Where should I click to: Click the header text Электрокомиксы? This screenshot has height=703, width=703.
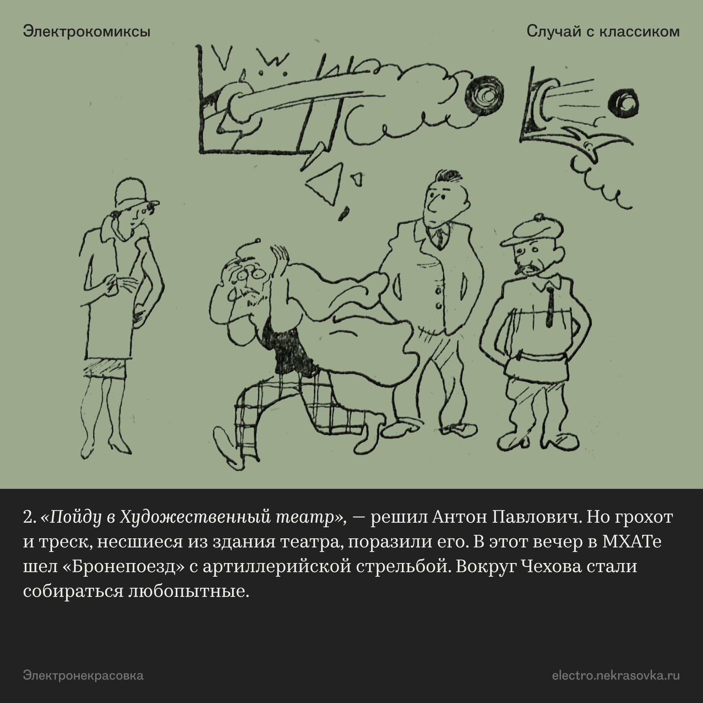(87, 32)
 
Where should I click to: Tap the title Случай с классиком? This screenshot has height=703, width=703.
(603, 32)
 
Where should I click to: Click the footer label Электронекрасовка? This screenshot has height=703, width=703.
(83, 676)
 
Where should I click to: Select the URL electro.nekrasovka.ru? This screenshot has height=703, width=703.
(616, 676)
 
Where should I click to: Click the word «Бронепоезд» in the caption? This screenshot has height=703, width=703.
(124, 567)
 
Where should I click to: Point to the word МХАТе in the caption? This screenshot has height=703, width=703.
(632, 542)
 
